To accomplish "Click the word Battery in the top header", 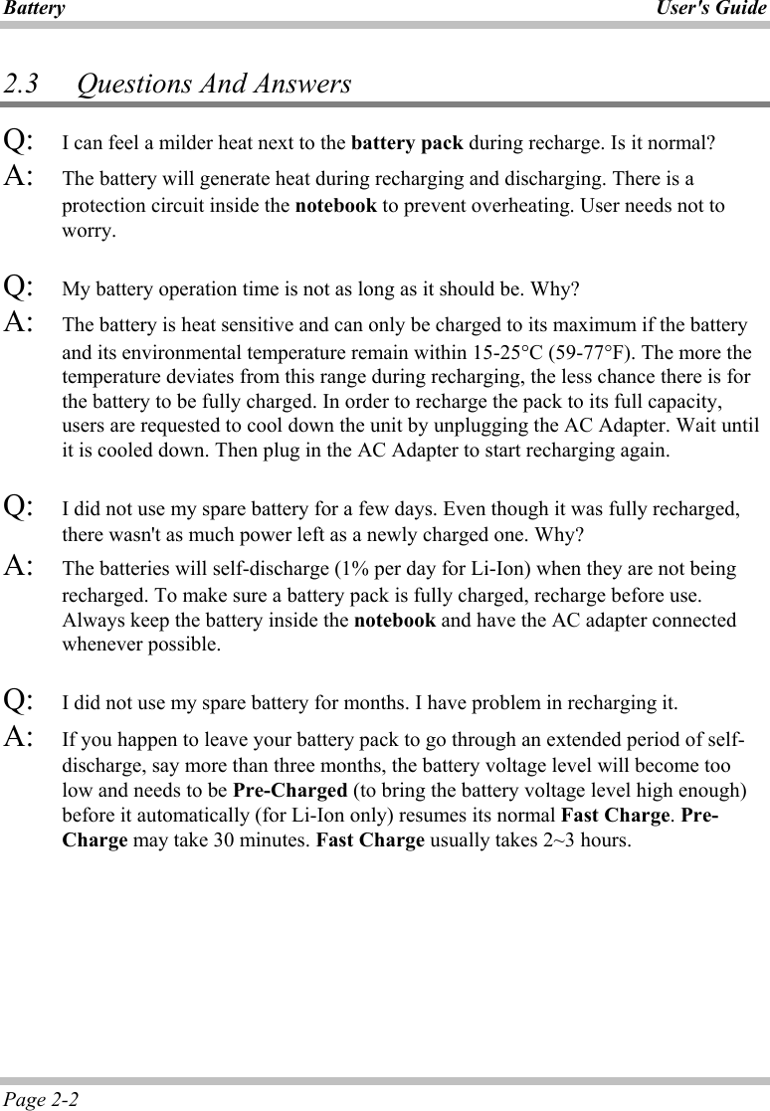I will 33,9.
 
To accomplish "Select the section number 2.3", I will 21,84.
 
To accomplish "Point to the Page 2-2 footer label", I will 42,1099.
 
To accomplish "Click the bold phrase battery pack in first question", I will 407,142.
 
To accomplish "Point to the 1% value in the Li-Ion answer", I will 356,569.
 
